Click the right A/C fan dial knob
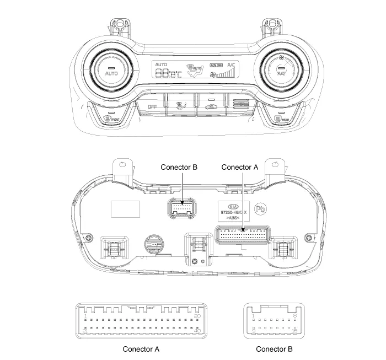click(x=281, y=72)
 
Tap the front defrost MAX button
click(x=112, y=117)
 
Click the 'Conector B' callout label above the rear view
click(x=179, y=166)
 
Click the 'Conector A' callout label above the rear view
click(x=239, y=166)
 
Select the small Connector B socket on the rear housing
click(x=179, y=208)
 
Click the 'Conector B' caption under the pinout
click(x=274, y=349)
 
